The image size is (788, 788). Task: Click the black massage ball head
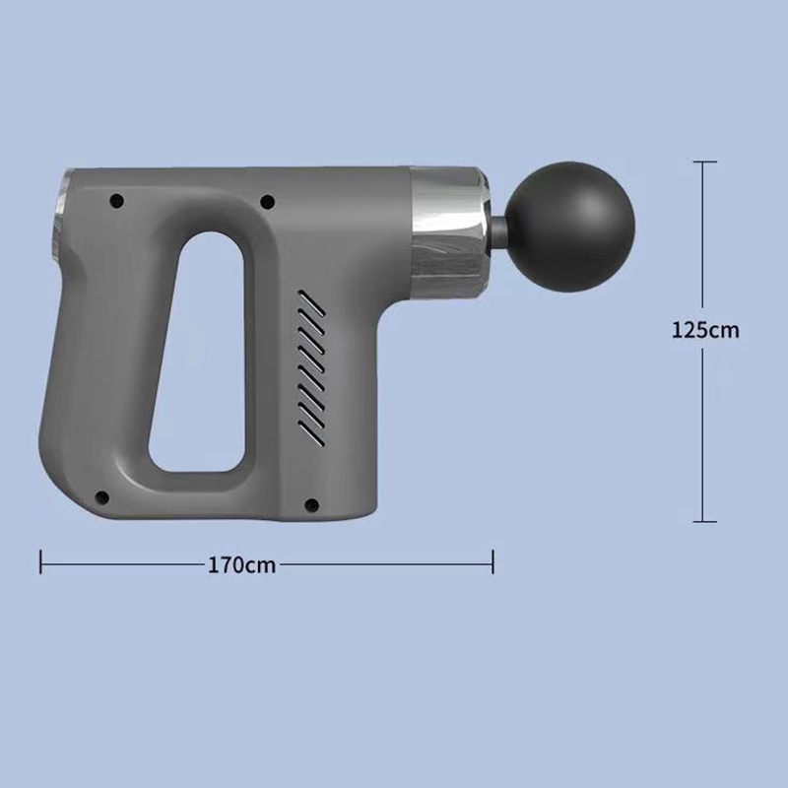pyautogui.click(x=570, y=228)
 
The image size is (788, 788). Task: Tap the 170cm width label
pyautogui.click(x=241, y=565)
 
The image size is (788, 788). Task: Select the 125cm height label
pyautogui.click(x=705, y=330)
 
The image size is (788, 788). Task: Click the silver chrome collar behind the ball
pyautogui.click(x=448, y=233)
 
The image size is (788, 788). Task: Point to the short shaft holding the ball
pyautogui.click(x=498, y=227)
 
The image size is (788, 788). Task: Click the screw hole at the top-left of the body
pyautogui.click(x=116, y=201)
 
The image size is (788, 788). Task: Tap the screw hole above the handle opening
pyautogui.click(x=267, y=202)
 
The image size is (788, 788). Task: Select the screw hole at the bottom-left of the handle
pyautogui.click(x=102, y=497)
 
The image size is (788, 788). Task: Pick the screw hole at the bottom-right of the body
pyautogui.click(x=311, y=504)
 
